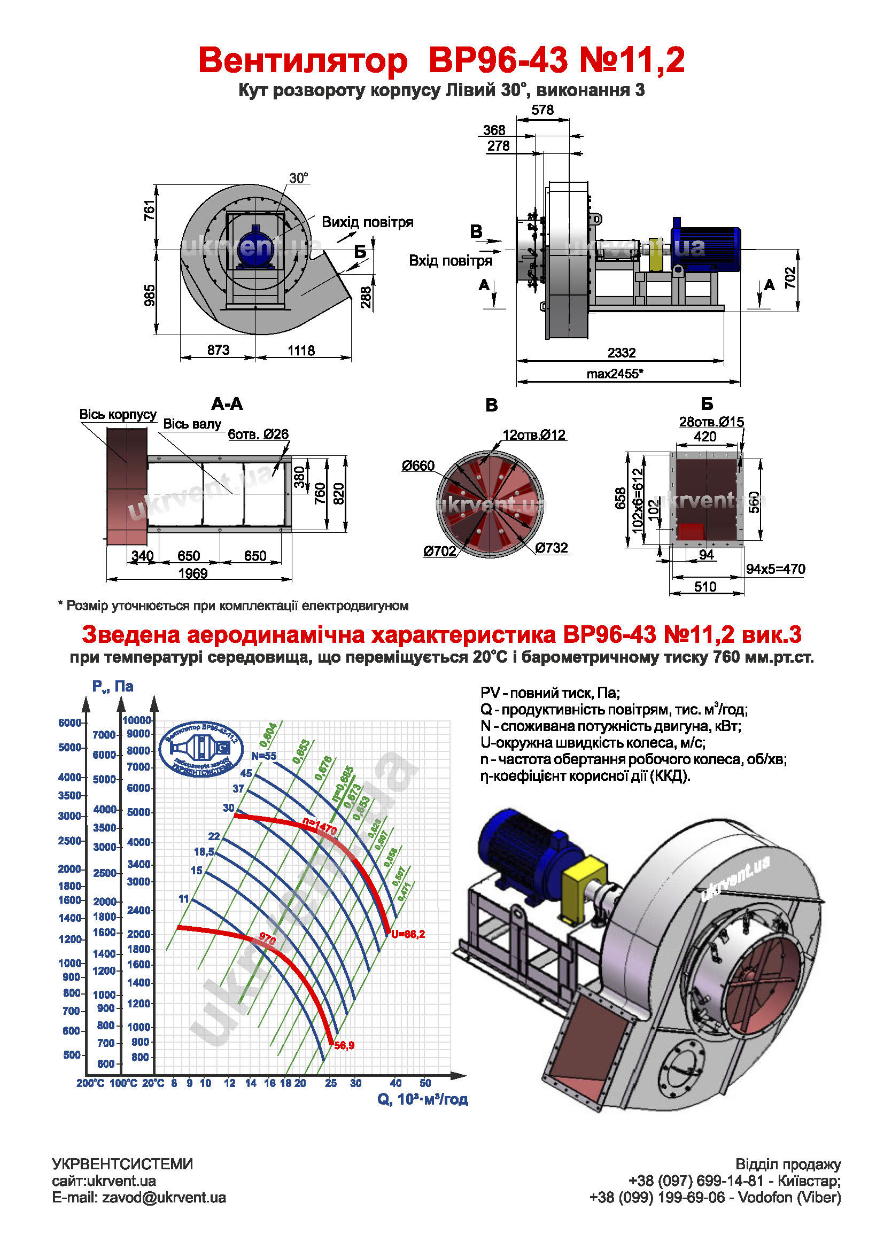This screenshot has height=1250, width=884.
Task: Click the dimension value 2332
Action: coord(621,353)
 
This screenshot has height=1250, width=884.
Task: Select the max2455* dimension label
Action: coord(615,374)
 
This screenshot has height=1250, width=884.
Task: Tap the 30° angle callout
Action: coord(298,178)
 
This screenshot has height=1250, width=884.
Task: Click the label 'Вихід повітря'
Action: coord(367,222)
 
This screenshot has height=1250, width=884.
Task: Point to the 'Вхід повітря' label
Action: coord(450,261)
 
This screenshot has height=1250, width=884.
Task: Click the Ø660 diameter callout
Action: coord(418,466)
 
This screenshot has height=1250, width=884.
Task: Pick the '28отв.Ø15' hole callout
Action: coord(711,422)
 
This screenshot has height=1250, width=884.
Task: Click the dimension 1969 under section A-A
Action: coord(193,573)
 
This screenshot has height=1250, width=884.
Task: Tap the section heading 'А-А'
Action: coord(227,404)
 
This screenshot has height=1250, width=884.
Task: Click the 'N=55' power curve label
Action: coord(263,756)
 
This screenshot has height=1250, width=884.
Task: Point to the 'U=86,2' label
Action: coord(408,934)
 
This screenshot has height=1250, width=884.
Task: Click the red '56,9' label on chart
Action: coord(344,1046)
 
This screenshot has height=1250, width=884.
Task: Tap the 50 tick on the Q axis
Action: coord(425,1083)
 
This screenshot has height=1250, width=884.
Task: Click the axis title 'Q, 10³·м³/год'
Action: coord(422,1099)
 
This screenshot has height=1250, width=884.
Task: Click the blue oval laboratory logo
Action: coord(201,749)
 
